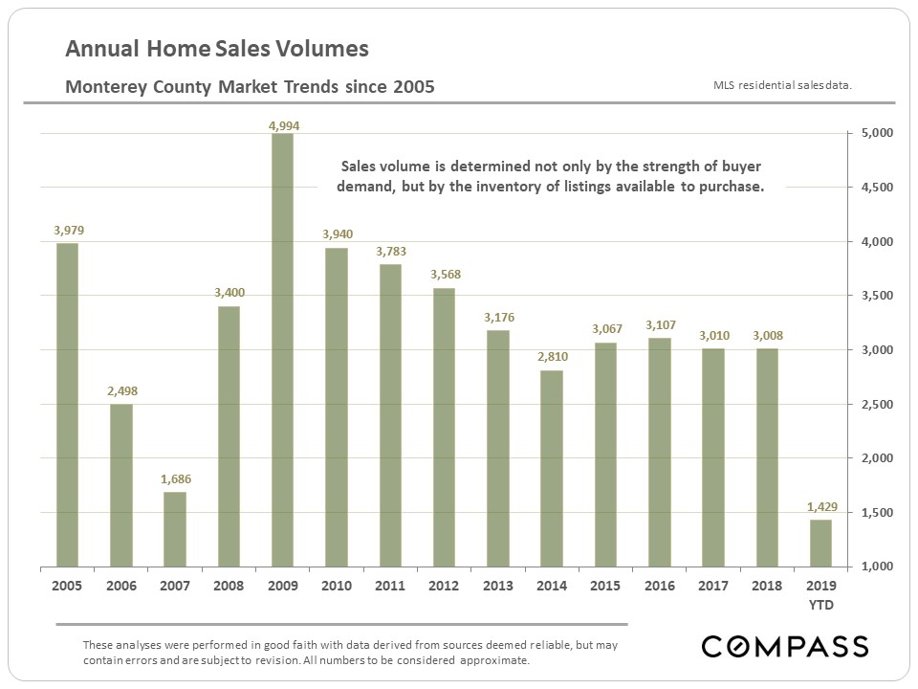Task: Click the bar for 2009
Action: click(x=282, y=350)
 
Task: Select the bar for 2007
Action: click(x=175, y=529)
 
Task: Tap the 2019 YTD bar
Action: click(x=820, y=543)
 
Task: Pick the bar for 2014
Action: click(x=552, y=469)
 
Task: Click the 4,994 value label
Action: click(x=282, y=125)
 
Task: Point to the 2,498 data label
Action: click(x=121, y=390)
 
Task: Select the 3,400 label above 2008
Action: click(x=229, y=292)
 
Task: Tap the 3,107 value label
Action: click(x=660, y=325)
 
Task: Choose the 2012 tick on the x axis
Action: click(x=444, y=585)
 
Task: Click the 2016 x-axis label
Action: click(x=660, y=585)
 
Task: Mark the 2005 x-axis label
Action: click(x=67, y=585)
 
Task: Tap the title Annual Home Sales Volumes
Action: click(x=217, y=49)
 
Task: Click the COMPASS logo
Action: click(x=785, y=647)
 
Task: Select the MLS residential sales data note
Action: click(x=782, y=85)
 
